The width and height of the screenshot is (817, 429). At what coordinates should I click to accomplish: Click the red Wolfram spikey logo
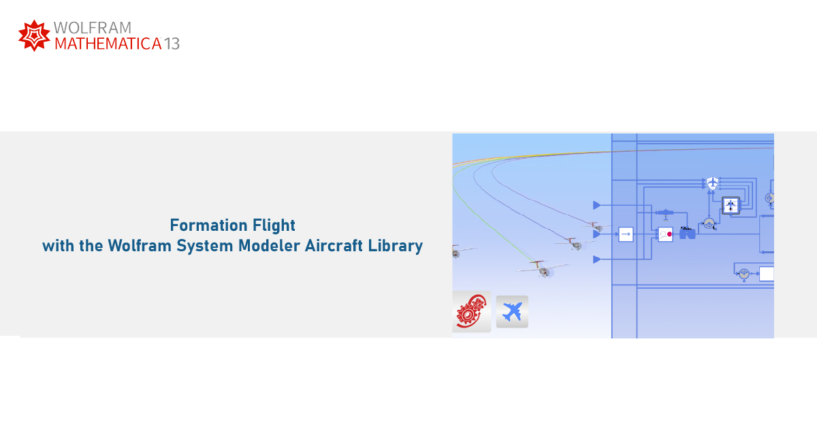coord(34,35)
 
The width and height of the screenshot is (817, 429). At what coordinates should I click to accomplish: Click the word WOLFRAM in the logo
coord(92,28)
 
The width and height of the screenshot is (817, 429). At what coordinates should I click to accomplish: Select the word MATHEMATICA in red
coord(107,44)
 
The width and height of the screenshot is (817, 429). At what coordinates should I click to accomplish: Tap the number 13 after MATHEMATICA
coord(172,44)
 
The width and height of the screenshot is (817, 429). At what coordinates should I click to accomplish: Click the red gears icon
coord(471,313)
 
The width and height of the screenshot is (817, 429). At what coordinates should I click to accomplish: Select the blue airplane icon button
coord(512,312)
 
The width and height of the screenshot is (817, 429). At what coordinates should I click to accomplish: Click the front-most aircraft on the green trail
coord(543,270)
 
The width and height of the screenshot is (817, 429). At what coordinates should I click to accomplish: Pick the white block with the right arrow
coord(626,234)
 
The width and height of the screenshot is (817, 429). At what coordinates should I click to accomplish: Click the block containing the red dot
coord(665,234)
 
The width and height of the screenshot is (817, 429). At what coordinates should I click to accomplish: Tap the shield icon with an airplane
coord(712,183)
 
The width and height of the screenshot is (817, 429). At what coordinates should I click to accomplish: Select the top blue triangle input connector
coord(597,205)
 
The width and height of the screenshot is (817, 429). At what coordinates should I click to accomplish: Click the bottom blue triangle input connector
coord(597,259)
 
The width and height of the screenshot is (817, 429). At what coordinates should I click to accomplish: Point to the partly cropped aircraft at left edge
coord(456,253)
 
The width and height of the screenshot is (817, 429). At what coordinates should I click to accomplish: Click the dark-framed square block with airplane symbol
coord(731,205)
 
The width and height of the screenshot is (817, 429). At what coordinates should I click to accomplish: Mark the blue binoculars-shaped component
coord(687,234)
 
